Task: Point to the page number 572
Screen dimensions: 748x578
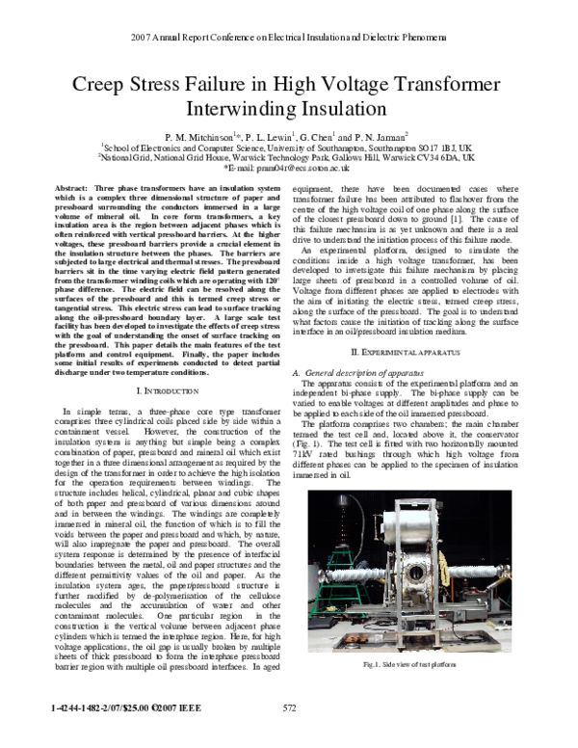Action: (288, 735)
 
